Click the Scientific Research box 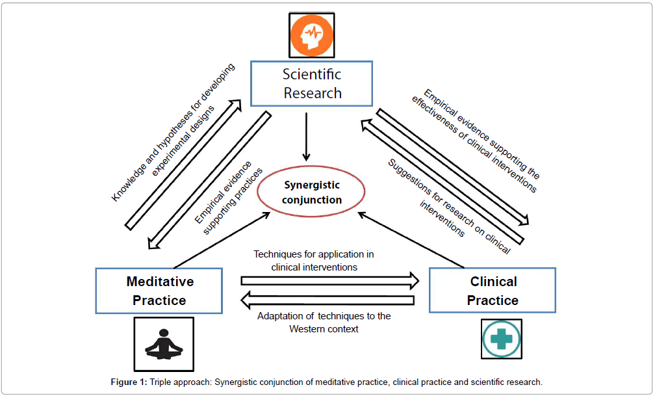pos(312,84)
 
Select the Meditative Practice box pos(159,291)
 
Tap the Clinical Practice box pos(493,291)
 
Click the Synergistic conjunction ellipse pos(312,192)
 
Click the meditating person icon pos(163,344)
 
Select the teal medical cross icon pos(502,338)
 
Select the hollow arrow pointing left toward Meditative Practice pos(327,300)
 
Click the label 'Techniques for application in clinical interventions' pos(314,260)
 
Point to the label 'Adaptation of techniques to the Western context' pos(324,322)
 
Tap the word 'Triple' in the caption pos(162,382)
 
